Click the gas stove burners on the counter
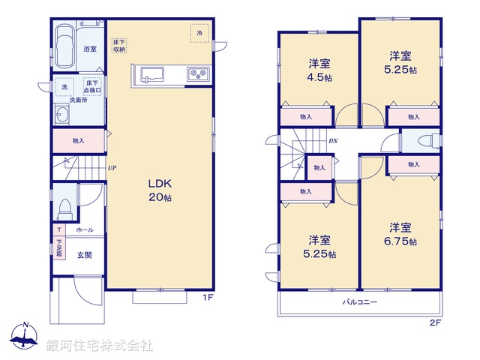point(198,74)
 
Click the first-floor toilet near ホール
point(65,205)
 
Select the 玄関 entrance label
point(85,255)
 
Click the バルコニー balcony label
point(360,302)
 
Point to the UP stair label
point(111,168)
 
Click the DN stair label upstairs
point(332,141)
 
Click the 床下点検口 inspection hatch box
point(92,87)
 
